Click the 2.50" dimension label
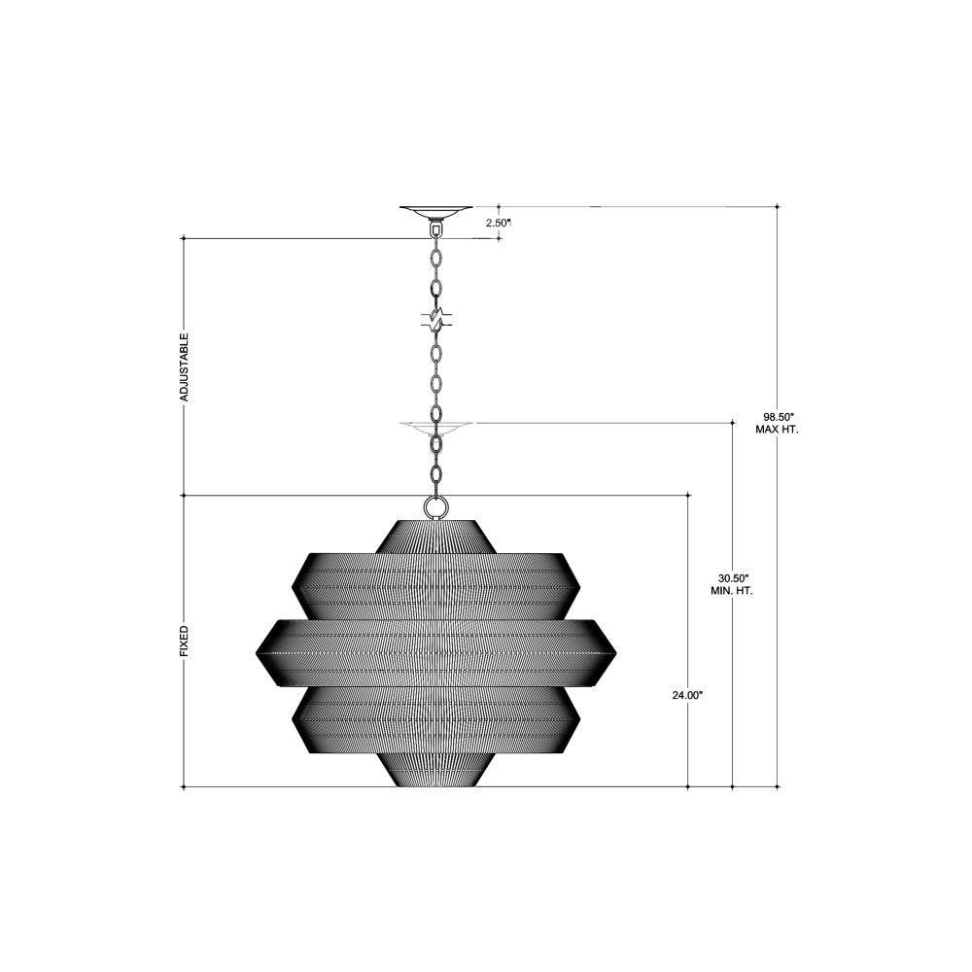point(499,222)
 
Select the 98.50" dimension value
point(778,417)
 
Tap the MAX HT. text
point(778,429)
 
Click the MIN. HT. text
point(732,591)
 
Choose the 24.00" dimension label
point(687,696)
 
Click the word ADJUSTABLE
point(184,367)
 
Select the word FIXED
point(184,641)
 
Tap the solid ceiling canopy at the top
point(435,213)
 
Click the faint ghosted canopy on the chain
point(435,428)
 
